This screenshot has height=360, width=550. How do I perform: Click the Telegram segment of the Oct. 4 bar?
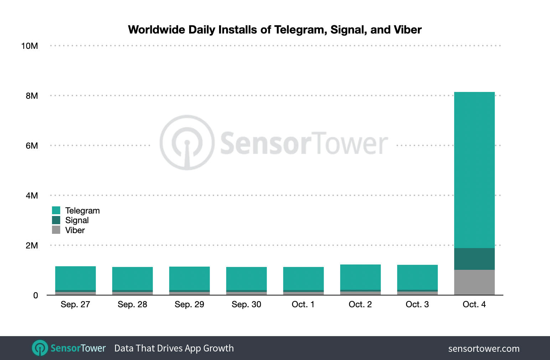pos(474,170)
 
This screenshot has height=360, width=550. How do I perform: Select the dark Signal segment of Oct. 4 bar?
pos(474,259)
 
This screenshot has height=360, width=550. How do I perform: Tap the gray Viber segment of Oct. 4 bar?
pos(474,282)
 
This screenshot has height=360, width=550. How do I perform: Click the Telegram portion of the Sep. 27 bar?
pos(75,278)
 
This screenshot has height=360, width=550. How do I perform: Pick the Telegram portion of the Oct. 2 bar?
pos(360,277)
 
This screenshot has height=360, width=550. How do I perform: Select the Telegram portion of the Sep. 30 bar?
pos(246,278)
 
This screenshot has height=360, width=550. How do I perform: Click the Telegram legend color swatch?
pos(56,210)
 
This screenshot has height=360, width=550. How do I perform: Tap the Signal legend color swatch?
pos(56,220)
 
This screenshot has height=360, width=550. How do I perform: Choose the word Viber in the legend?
pos(75,230)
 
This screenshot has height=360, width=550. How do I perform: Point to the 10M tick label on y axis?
pos(30,46)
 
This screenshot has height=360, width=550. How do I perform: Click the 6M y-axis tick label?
pos(31,146)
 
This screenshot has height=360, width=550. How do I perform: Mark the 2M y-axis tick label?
pos(31,246)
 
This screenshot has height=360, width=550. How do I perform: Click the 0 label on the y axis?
pos(35,295)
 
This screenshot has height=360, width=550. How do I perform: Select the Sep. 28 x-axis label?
pos(132,304)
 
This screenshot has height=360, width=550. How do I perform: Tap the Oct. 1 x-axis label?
pos(303,304)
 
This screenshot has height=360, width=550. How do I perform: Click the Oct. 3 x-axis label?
pos(417,304)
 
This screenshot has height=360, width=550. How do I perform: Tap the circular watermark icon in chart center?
pos(187,143)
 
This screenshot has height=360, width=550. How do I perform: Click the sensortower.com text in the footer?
pos(483,349)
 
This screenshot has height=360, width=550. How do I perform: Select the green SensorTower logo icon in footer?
pos(40,348)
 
